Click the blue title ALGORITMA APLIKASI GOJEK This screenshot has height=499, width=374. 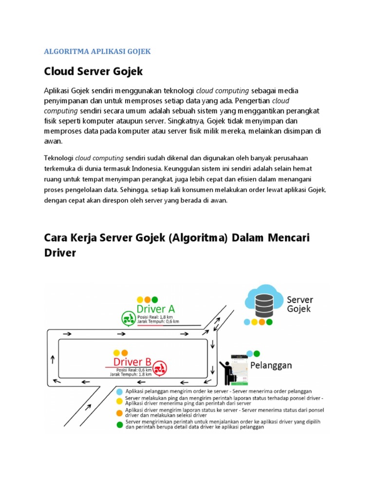97,51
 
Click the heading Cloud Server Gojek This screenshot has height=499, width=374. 93,72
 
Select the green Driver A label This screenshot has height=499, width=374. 156,309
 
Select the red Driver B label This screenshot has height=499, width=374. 132,362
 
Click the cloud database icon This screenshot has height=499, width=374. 263,302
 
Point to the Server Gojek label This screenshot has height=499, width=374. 299,304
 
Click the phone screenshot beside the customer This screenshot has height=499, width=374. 240,371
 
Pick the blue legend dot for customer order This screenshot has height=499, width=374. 120,391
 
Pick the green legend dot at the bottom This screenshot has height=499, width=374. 120,424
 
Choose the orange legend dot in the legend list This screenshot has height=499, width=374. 120,413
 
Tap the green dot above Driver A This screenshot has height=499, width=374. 155,300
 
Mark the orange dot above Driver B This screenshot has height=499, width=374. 125,353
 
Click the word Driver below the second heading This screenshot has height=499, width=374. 60,254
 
